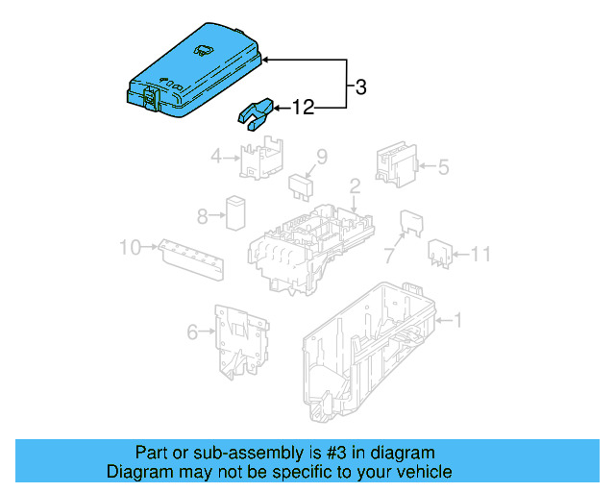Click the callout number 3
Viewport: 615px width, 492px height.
pyautogui.click(x=360, y=88)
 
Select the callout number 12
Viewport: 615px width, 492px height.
pyautogui.click(x=303, y=109)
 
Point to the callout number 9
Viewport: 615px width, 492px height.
pyautogui.click(x=322, y=156)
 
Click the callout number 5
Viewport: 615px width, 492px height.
pyautogui.click(x=443, y=167)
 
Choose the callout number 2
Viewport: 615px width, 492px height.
pyautogui.click(x=354, y=185)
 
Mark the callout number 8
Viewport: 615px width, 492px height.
pyautogui.click(x=203, y=215)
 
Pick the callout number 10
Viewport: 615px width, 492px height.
pyautogui.click(x=130, y=248)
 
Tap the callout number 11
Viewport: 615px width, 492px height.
pyautogui.click(x=481, y=254)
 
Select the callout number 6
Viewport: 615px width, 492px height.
pyautogui.click(x=191, y=332)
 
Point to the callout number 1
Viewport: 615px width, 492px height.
pyautogui.click(x=457, y=320)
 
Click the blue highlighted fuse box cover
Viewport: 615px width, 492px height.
pyautogui.click(x=192, y=77)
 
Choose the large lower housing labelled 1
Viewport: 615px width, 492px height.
pyautogui.click(x=370, y=351)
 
